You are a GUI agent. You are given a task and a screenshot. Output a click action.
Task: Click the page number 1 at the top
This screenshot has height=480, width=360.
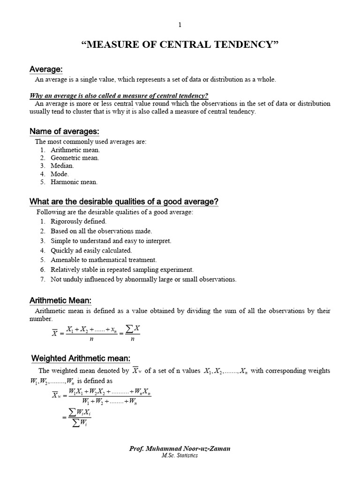180,24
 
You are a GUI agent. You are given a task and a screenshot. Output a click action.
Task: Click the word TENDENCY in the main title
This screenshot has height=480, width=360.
247,45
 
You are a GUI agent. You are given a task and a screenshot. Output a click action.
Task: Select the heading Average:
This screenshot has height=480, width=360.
46,69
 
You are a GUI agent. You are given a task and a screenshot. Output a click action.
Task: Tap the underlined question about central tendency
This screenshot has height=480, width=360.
119,96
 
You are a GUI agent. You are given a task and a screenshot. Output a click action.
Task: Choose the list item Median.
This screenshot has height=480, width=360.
62,166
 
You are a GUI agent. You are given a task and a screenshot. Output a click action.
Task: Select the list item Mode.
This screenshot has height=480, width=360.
60,174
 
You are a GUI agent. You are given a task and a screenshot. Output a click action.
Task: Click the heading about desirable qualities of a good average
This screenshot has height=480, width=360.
124,202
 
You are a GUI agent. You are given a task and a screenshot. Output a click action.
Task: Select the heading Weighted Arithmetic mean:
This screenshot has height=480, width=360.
80,359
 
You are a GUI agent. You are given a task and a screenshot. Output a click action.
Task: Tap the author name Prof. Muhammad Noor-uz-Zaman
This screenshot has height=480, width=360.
180,449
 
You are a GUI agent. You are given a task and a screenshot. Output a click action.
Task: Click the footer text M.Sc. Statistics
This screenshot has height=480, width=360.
180,456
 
